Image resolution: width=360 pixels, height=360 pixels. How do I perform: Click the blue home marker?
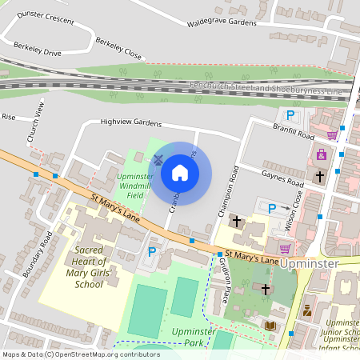pyautogui.click(x=180, y=173)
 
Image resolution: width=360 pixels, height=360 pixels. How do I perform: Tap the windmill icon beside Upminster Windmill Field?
pyautogui.click(x=158, y=158)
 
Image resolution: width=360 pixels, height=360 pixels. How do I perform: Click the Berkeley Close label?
pyautogui.click(x=118, y=48)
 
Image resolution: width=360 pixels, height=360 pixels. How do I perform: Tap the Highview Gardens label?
pyautogui.click(x=131, y=123)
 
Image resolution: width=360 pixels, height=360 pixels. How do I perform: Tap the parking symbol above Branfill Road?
pyautogui.click(x=291, y=115)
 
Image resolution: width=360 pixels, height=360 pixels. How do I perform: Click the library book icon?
pyautogui.click(x=270, y=325)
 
